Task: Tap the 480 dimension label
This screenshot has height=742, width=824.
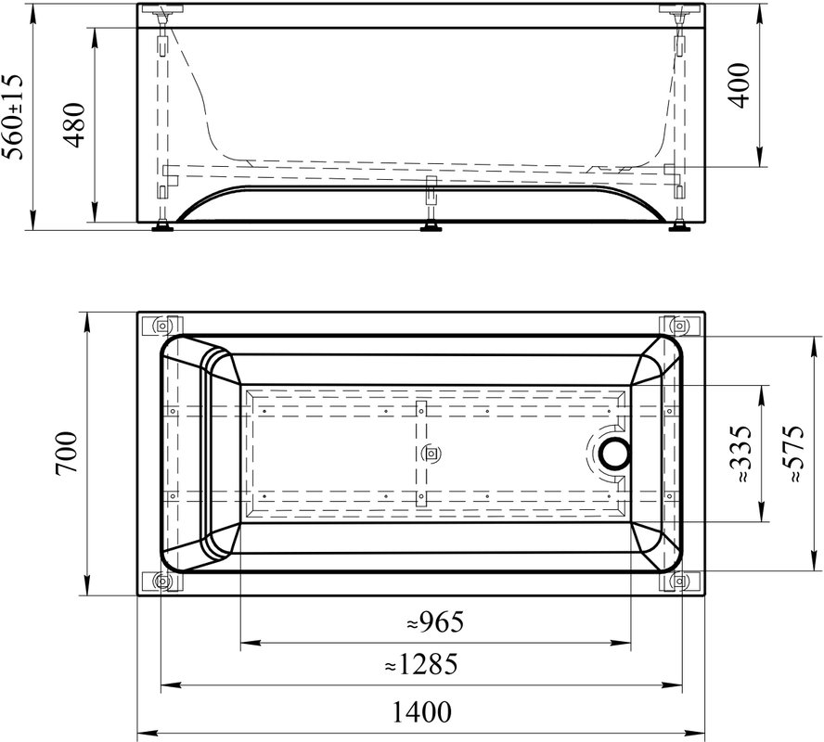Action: coord(73,125)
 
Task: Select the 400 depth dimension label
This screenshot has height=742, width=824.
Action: coord(740,85)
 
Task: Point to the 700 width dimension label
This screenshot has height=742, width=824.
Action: coord(67,453)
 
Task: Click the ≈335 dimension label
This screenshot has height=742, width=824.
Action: coord(741,454)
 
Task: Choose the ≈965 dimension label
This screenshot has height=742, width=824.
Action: coord(435,622)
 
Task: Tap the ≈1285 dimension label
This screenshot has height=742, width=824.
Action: coord(421,664)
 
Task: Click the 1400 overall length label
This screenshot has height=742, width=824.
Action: coord(422,712)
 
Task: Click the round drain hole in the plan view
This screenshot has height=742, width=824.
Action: coord(614,454)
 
